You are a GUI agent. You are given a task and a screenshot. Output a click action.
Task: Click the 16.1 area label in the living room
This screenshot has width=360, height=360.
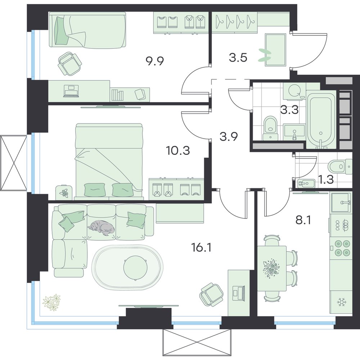pyautogui.click(x=201, y=248)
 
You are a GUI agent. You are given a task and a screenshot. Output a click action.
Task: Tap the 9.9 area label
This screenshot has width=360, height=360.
pyautogui.click(x=154, y=61)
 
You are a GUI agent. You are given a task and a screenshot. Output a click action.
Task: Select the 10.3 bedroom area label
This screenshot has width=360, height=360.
pyautogui.click(x=178, y=151)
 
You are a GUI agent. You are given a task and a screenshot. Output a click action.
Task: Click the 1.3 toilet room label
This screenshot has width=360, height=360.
pyautogui.click(x=326, y=180)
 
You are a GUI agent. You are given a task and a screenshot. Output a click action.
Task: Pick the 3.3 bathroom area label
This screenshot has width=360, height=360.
pyautogui.click(x=290, y=110)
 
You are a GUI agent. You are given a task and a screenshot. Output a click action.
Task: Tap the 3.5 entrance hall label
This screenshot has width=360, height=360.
pyautogui.click(x=238, y=58)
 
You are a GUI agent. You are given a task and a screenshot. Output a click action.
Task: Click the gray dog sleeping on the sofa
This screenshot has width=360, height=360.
pyautogui.click(x=101, y=228)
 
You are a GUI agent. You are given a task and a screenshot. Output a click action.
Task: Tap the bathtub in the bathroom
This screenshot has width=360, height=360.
pyautogui.click(x=321, y=119)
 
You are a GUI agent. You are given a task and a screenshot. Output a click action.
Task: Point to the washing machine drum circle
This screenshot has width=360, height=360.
pyautogui.click(x=295, y=91)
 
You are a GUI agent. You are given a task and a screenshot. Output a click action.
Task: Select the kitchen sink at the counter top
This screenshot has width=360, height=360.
pyautogui.click(x=341, y=202)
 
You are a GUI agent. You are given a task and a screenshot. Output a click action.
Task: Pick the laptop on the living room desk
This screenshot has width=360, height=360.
pyautogui.click(x=239, y=292)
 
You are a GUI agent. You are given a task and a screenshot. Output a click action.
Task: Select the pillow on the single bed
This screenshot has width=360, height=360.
pyautogui.click(x=62, y=31)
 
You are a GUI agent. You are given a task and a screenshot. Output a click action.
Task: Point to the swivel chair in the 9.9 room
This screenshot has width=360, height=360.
pyautogui.click(x=69, y=63)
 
